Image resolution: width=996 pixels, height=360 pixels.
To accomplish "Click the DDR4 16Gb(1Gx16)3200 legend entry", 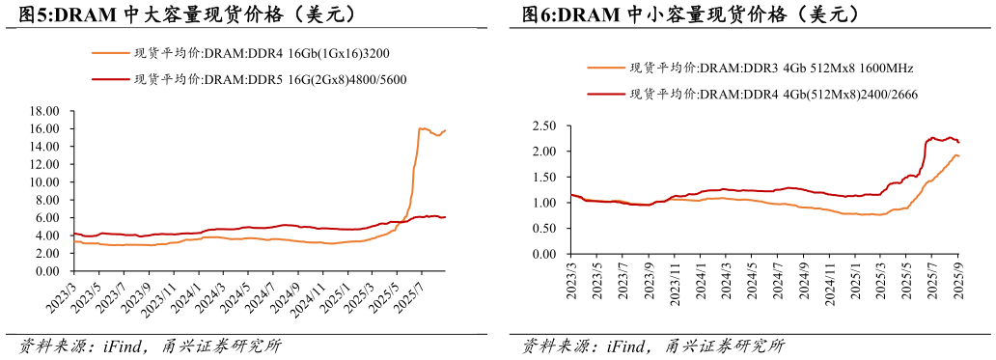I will (x=261, y=53).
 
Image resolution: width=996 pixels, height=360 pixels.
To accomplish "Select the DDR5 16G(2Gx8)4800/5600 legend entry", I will (x=270, y=80).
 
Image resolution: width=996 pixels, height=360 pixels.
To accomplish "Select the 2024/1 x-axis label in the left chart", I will (x=189, y=291).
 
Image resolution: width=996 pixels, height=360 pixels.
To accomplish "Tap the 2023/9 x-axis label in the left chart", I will (x=138, y=291).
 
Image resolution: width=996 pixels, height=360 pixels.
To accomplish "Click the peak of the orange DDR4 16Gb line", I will (x=420, y=127).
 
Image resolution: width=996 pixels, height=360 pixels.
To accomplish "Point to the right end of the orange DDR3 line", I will (x=958, y=155).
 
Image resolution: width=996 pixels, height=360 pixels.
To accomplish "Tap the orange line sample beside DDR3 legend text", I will (x=605, y=69).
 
